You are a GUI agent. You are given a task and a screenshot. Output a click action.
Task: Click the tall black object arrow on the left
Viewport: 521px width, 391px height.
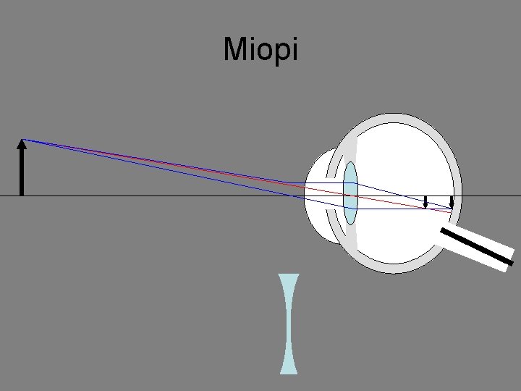pyautogui.click(x=22, y=170)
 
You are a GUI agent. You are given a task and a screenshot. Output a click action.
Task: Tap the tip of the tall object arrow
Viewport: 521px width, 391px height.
pyautogui.click(x=22, y=140)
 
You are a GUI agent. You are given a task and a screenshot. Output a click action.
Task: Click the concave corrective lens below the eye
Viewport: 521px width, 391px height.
pyautogui.click(x=289, y=323)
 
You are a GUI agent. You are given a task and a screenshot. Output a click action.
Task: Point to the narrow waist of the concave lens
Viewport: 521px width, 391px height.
pyautogui.click(x=289, y=323)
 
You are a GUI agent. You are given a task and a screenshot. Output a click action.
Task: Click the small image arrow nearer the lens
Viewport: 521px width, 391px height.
pyautogui.click(x=425, y=201)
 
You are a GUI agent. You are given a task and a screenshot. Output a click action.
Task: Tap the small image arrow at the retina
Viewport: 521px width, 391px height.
pyautogui.click(x=452, y=202)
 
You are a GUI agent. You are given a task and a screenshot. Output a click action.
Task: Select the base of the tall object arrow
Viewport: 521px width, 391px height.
pyautogui.click(x=22, y=194)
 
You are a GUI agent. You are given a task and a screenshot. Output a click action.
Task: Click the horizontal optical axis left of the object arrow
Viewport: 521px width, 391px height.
pyautogui.click(x=9, y=196)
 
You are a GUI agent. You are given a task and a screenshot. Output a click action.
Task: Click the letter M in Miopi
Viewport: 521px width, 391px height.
pyautogui.click(x=234, y=50)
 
